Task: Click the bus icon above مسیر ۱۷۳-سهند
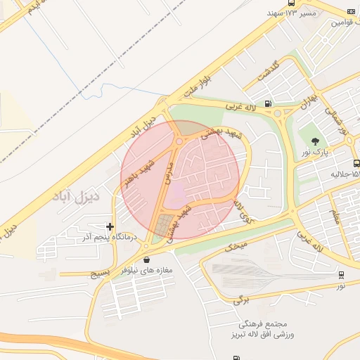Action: [351, 13]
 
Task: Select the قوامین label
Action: [341, 22]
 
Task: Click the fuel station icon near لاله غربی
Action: [268, 104]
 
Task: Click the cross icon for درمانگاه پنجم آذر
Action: [110, 226]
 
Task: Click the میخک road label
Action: [236, 247]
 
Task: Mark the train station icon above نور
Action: [341, 275]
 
